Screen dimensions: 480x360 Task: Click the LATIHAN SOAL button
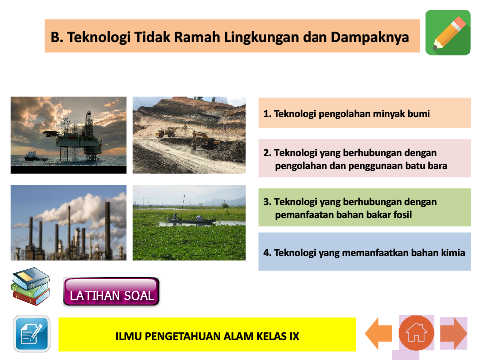click(x=111, y=292)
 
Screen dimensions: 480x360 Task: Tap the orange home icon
click(x=416, y=333)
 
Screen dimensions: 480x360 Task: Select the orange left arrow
click(x=378, y=333)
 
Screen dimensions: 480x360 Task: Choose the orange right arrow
click(x=453, y=333)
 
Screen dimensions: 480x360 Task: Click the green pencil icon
click(x=448, y=32)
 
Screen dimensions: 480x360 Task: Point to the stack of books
click(x=31, y=286)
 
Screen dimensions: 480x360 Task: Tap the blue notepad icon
click(x=32, y=334)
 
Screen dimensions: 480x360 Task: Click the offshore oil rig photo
click(x=69, y=135)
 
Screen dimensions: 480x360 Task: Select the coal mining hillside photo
click(x=189, y=135)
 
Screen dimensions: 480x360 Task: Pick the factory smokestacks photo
click(x=69, y=223)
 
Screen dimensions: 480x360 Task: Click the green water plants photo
click(x=189, y=223)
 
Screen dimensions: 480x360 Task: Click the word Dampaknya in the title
click(x=370, y=37)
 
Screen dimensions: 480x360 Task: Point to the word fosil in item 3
click(x=402, y=214)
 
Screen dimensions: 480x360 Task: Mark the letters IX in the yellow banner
click(x=294, y=336)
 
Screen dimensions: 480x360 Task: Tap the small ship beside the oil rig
click(x=35, y=156)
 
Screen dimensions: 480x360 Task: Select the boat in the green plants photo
click(x=191, y=220)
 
